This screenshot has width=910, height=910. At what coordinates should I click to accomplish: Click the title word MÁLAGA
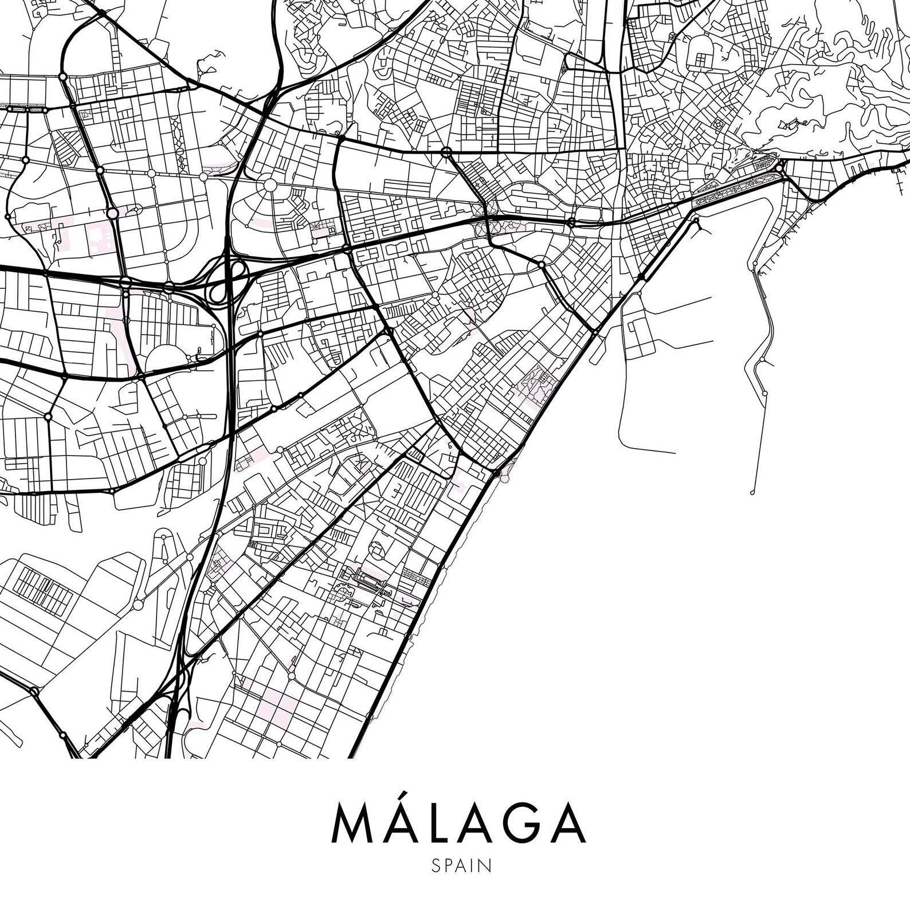point(459,824)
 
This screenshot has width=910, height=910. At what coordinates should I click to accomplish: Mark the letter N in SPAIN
point(485,865)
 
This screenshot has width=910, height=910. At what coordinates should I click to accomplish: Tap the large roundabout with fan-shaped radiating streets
point(269,186)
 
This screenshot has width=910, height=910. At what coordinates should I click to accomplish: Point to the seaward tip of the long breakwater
point(752,492)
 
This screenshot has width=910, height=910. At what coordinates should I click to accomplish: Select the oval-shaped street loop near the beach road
point(378,551)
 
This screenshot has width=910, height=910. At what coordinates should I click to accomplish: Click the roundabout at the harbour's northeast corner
point(780,167)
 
